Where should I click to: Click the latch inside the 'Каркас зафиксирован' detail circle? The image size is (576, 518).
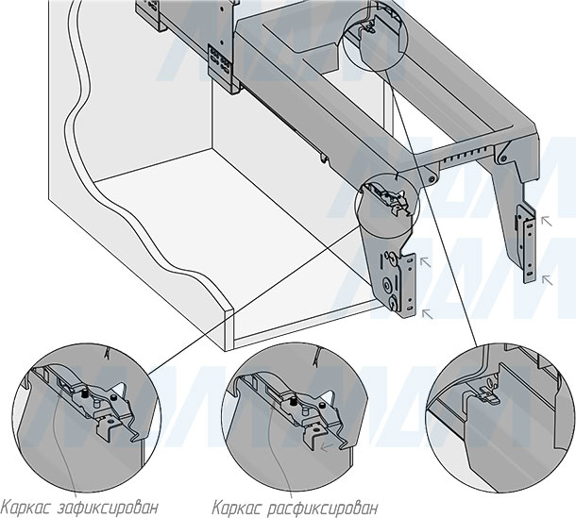pyautogui.click(x=93, y=401)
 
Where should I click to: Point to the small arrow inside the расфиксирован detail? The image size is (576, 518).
pyautogui.click(x=326, y=450)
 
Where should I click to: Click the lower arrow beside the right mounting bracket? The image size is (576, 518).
pyautogui.click(x=543, y=276)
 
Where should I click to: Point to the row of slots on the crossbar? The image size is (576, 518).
pyautogui.click(x=471, y=155)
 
